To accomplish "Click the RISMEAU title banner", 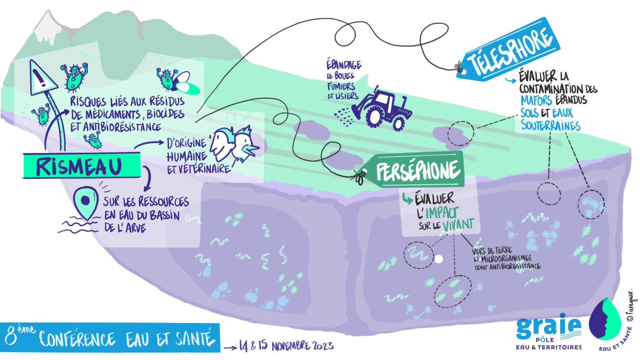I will click(81, 166).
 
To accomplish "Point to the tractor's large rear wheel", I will click(373, 118).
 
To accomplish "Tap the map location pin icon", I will click(85, 202).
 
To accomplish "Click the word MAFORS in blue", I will click(536, 100).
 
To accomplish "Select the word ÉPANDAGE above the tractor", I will click(344, 65).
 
